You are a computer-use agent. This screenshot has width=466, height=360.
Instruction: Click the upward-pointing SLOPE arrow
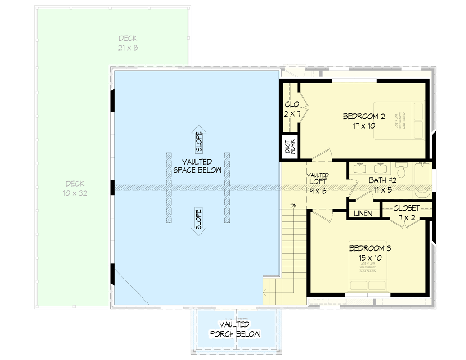tap(198, 140)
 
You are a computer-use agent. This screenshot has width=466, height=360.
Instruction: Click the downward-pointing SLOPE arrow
tap(198, 221)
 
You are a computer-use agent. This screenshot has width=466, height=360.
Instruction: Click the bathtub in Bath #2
tap(422, 181)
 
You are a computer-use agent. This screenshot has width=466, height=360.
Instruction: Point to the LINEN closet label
tap(363, 213)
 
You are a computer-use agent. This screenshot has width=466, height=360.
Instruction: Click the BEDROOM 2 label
tap(364, 121)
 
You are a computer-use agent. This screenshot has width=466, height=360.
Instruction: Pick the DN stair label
tap(293, 206)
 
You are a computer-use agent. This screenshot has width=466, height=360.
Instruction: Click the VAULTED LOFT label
tap(318, 182)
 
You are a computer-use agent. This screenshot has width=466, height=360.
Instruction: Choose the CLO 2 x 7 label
tap(292, 109)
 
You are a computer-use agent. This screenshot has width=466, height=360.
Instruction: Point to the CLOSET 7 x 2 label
tap(406, 212)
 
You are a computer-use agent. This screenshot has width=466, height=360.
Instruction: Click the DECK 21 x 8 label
tap(128, 43)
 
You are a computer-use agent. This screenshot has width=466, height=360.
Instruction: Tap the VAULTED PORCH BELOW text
tap(234, 329)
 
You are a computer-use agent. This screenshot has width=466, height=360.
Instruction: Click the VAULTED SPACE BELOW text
tap(197, 166)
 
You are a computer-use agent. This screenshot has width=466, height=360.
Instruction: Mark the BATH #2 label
tap(382, 185)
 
